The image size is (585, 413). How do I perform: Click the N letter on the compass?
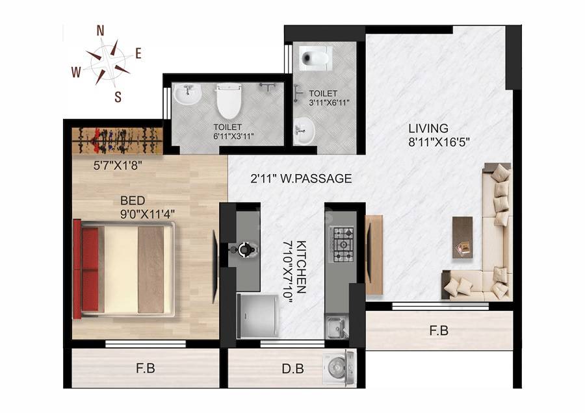[101, 31]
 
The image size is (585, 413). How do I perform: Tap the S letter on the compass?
[118, 97]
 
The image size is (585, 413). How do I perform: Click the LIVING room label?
[428, 128]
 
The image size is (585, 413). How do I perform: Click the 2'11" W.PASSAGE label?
[302, 179]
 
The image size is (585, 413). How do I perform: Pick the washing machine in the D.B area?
[339, 368]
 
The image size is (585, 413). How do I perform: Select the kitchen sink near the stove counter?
[335, 327]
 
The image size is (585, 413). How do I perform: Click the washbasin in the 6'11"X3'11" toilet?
[187, 95]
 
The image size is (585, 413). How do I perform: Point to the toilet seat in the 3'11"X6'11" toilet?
[315, 58]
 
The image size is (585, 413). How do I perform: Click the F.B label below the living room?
[439, 331]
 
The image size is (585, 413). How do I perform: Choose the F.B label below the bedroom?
[145, 369]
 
